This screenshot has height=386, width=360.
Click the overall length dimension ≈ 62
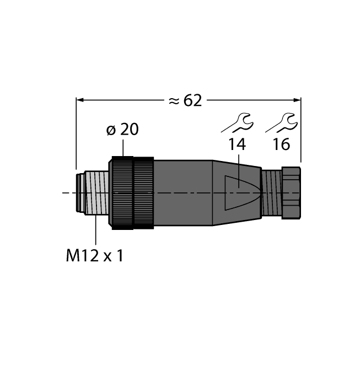185,100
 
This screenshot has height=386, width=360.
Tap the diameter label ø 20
122,130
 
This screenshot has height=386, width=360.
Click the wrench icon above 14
237,122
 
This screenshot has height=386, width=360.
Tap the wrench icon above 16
282,122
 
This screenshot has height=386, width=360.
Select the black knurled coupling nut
132,192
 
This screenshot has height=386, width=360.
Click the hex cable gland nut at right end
291,192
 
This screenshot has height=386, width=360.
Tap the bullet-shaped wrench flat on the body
240,192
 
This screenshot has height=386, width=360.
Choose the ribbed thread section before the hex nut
270,192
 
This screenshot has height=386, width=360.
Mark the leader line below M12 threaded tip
96,232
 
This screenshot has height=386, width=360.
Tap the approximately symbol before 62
174,100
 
